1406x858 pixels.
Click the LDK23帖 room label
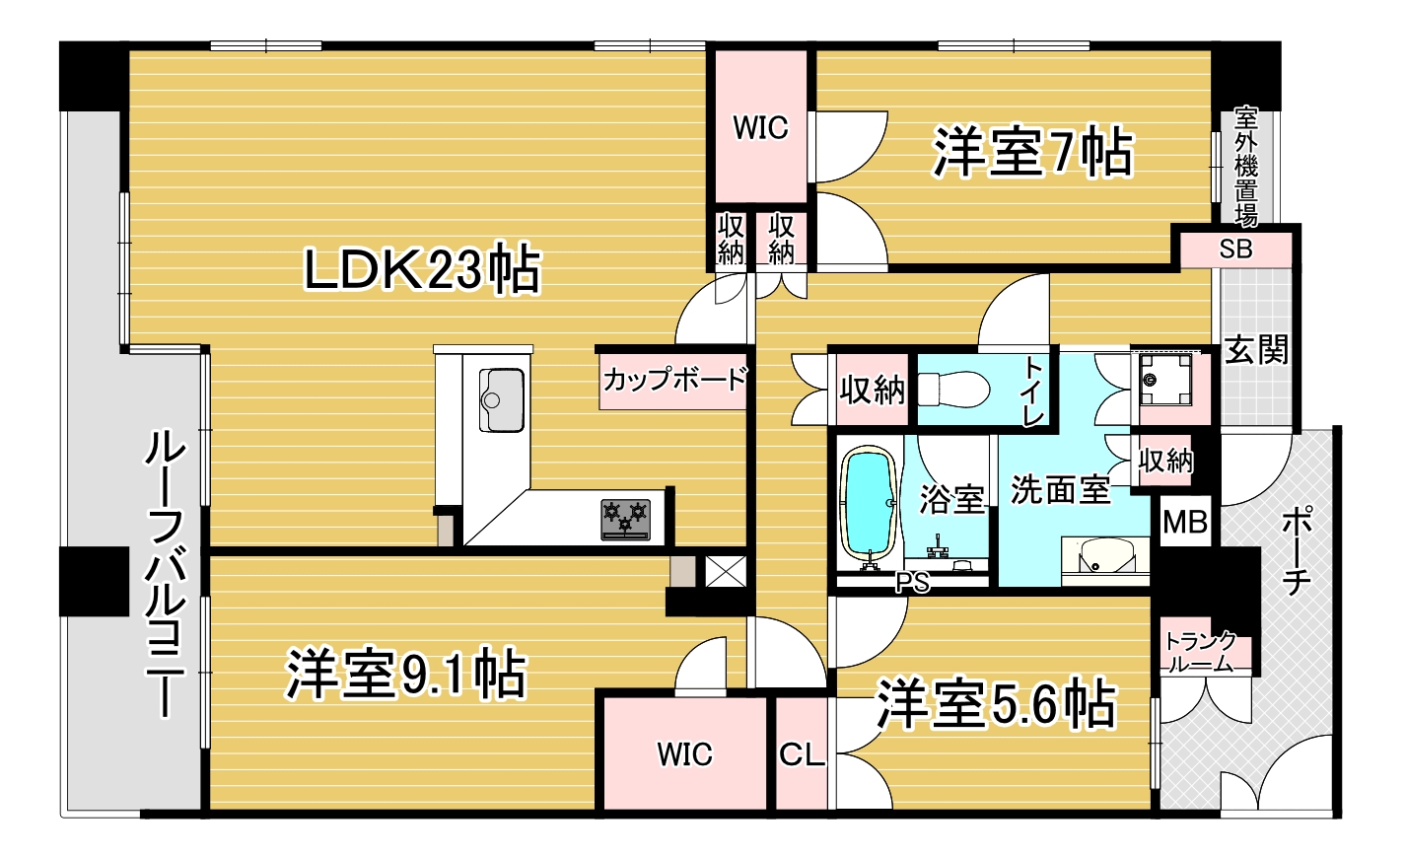tap(422, 269)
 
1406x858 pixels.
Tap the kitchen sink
tap(501, 399)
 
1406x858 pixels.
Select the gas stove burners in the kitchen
tap(625, 519)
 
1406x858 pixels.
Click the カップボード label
tap(674, 379)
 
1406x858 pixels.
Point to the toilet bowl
tap(955, 389)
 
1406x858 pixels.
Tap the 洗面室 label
tap(1060, 489)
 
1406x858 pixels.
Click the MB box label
tap(1184, 522)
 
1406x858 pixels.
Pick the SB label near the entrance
tap(1235, 250)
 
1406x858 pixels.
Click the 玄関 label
tap(1256, 349)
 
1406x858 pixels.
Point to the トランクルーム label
tap(1200, 652)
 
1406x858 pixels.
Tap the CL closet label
tap(801, 755)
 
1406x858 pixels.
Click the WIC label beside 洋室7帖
tap(760, 128)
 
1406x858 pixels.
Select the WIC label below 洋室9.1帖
tap(684, 755)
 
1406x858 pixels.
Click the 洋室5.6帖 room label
tap(996, 704)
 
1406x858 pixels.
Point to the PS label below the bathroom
tap(912, 583)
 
